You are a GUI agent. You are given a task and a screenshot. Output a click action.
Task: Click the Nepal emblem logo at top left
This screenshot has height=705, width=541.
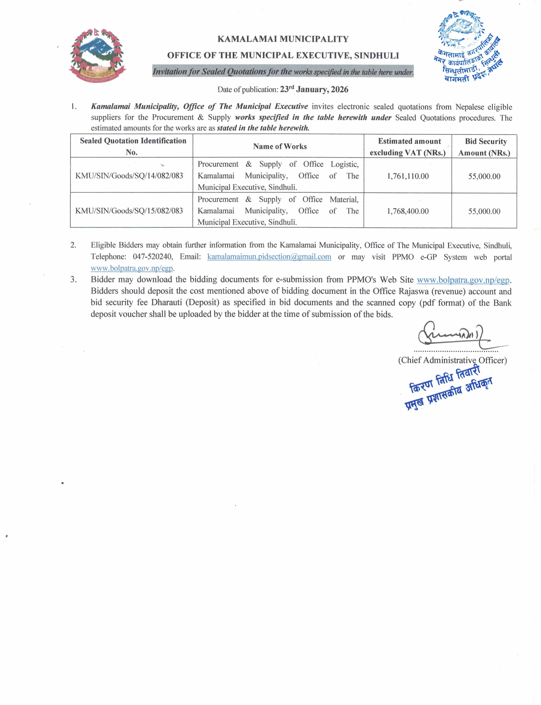click(x=97, y=55)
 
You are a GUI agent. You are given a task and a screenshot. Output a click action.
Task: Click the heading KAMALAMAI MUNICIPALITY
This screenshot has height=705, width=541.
click(x=283, y=39)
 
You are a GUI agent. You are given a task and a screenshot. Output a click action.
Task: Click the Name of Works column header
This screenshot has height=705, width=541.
click(x=280, y=146)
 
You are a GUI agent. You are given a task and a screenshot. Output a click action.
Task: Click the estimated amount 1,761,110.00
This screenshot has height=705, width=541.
click(x=408, y=176)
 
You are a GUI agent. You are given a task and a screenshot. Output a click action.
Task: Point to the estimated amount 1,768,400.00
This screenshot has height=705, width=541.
click(x=408, y=211)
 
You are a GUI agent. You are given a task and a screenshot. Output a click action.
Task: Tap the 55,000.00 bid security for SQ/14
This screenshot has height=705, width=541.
click(x=484, y=176)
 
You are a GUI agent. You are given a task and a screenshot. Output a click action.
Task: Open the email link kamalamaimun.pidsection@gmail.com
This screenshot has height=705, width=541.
click(x=269, y=257)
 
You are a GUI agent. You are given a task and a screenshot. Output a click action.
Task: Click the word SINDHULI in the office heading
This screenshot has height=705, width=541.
click(x=376, y=55)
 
